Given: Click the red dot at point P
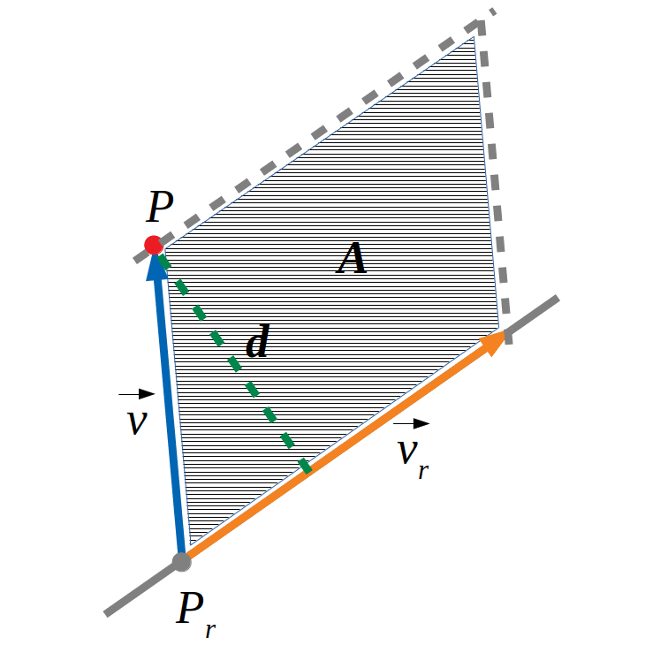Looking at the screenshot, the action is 154,245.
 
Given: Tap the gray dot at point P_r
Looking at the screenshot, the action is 182,562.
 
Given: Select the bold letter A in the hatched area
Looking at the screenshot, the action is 352,258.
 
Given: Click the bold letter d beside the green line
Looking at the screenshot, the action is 258,340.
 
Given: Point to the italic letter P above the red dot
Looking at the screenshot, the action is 160,206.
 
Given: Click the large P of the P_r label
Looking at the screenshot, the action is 190,608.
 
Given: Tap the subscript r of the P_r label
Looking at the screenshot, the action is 210,631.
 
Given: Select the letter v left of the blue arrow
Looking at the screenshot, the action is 137,423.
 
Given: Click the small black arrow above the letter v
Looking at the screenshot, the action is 136,394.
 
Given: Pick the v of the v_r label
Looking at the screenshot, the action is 407,452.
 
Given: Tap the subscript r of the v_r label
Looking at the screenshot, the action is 423,472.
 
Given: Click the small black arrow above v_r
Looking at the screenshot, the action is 411,423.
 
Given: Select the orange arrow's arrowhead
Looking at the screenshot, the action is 493,343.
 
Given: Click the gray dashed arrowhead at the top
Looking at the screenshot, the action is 476,27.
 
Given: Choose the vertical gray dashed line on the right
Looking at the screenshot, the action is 494,183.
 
